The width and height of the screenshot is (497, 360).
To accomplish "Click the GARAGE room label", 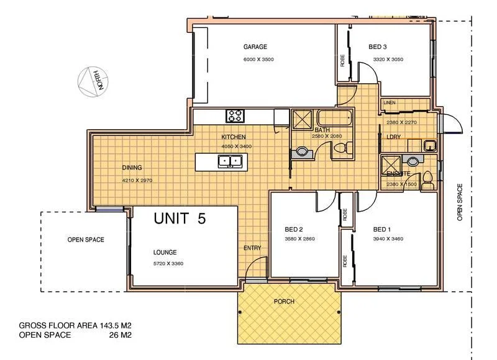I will click(x=255, y=47).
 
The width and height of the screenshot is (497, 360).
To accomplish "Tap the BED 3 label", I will click(x=378, y=47).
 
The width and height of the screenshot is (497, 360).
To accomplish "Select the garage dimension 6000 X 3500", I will click(x=258, y=60).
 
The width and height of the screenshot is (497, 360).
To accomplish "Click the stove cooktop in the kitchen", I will click(x=235, y=115).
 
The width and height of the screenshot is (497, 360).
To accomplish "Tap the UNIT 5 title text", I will click(x=180, y=218).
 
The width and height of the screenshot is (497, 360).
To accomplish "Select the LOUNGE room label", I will click(x=165, y=253).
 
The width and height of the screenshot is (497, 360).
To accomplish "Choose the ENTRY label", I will click(x=252, y=248).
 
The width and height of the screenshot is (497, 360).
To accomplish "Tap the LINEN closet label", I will click(x=390, y=102).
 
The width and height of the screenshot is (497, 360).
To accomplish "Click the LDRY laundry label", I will click(x=393, y=137).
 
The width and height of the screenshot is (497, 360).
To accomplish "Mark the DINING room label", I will click(x=132, y=168).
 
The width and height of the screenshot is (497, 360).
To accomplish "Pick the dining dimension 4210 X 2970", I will click(x=137, y=181).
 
